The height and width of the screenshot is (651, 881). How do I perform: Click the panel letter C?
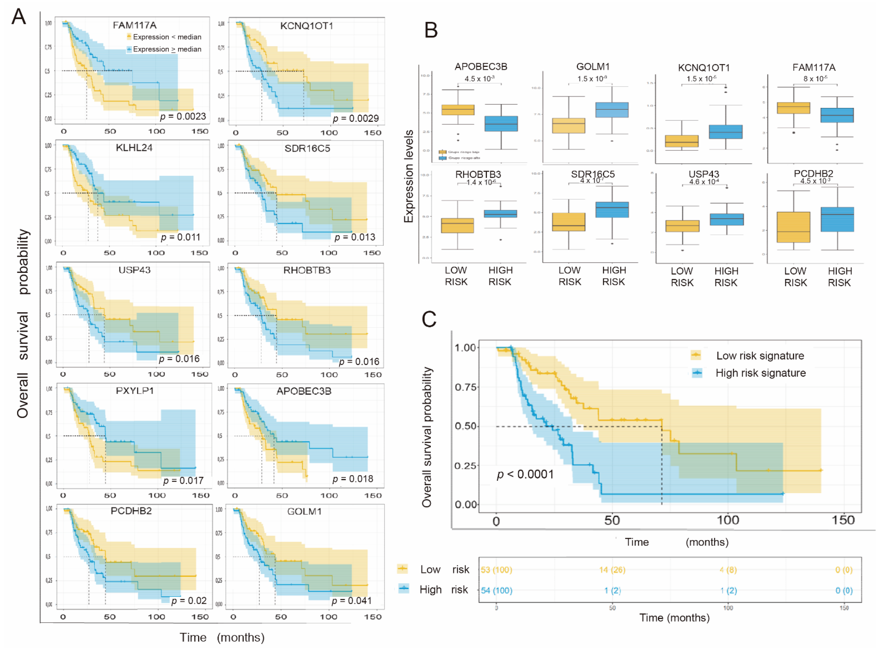[429, 319]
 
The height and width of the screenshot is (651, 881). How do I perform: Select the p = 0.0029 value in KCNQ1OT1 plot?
[355, 118]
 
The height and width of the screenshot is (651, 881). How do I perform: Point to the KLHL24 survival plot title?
[134, 148]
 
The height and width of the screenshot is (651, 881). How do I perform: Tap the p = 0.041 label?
[351, 601]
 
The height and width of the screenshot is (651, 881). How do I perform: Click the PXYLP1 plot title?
[135, 391]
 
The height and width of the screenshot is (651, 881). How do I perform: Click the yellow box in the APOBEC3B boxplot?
[458, 110]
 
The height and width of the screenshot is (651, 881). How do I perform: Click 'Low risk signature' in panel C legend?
[760, 356]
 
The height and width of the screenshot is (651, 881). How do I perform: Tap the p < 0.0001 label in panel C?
[525, 474]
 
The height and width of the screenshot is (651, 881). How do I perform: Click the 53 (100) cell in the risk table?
[496, 570]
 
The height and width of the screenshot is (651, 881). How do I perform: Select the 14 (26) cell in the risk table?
[612, 570]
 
